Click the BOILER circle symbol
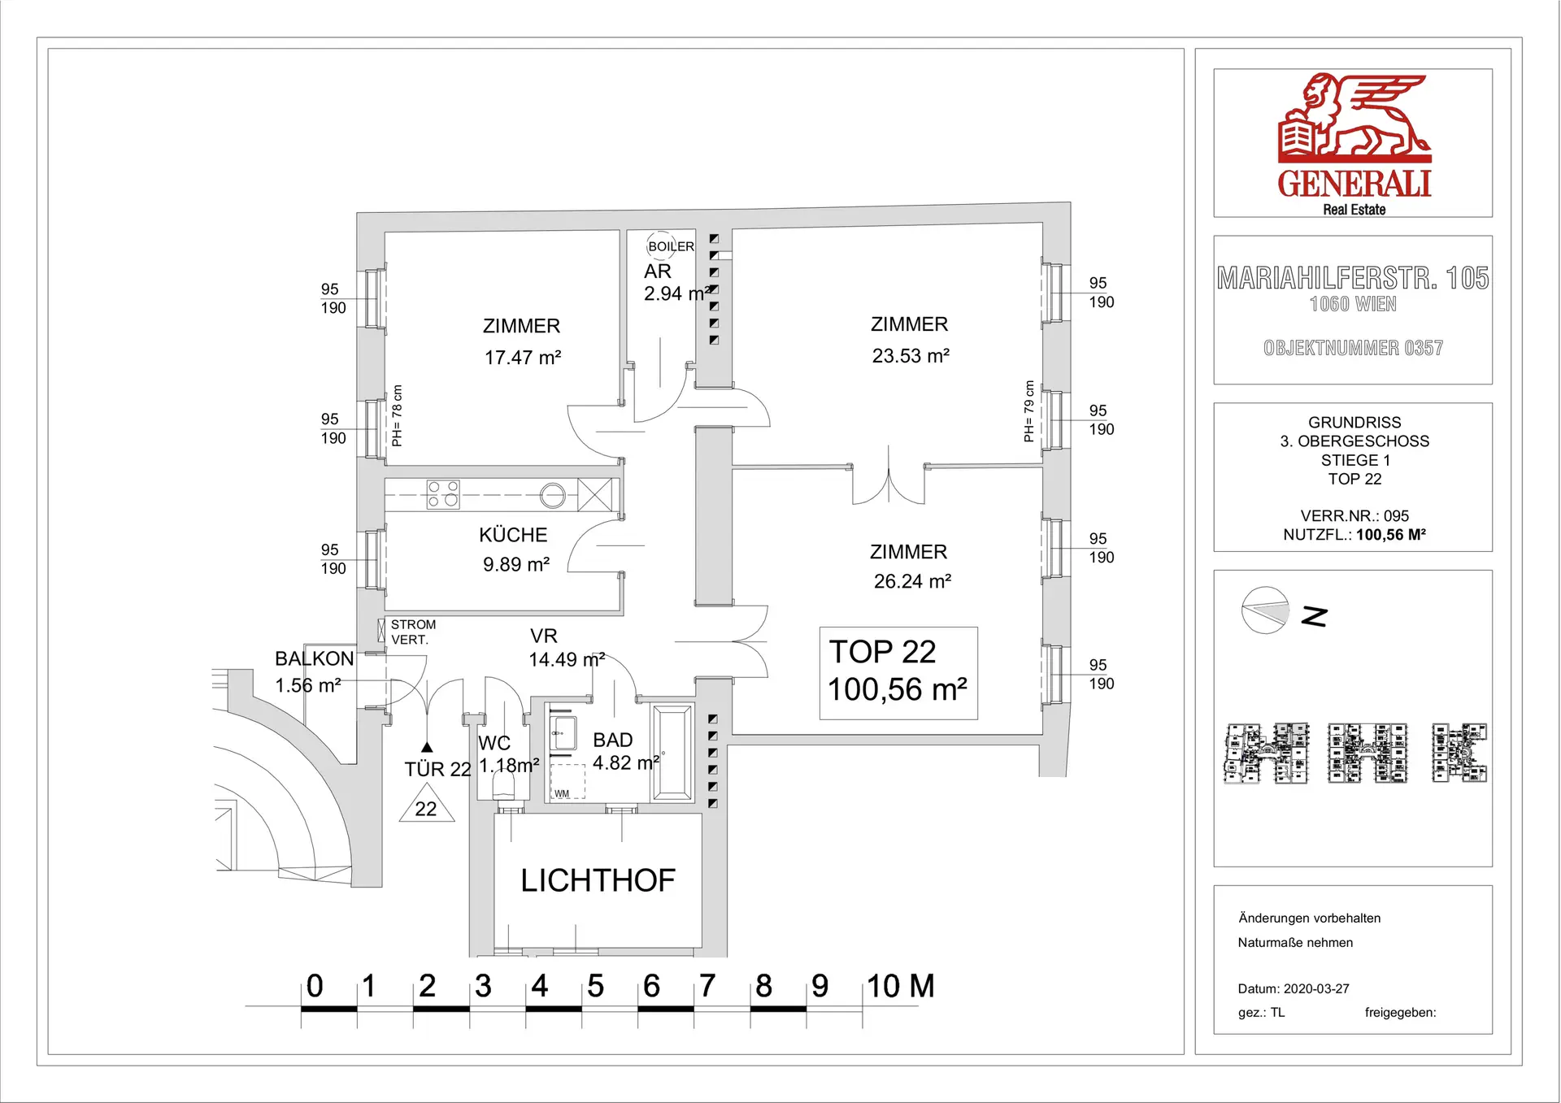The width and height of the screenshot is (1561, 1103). [660, 245]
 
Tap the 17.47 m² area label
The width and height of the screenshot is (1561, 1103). [523, 358]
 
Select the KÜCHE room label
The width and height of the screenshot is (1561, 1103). [513, 535]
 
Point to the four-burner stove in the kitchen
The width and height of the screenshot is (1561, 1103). [443, 494]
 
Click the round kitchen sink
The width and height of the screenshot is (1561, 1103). [553, 495]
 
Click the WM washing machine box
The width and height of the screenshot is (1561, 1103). [567, 781]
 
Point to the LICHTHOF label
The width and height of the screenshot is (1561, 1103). [598, 880]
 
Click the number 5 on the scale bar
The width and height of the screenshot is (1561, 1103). [596, 986]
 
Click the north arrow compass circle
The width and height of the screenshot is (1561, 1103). [1265, 610]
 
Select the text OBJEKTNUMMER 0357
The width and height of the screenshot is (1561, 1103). [1354, 348]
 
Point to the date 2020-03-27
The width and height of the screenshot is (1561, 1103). [1316, 989]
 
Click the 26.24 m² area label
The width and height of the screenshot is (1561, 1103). [912, 582]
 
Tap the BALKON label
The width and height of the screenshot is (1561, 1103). [315, 658]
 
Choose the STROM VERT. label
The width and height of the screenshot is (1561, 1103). [413, 632]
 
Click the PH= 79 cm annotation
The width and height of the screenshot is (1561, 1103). [1028, 411]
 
